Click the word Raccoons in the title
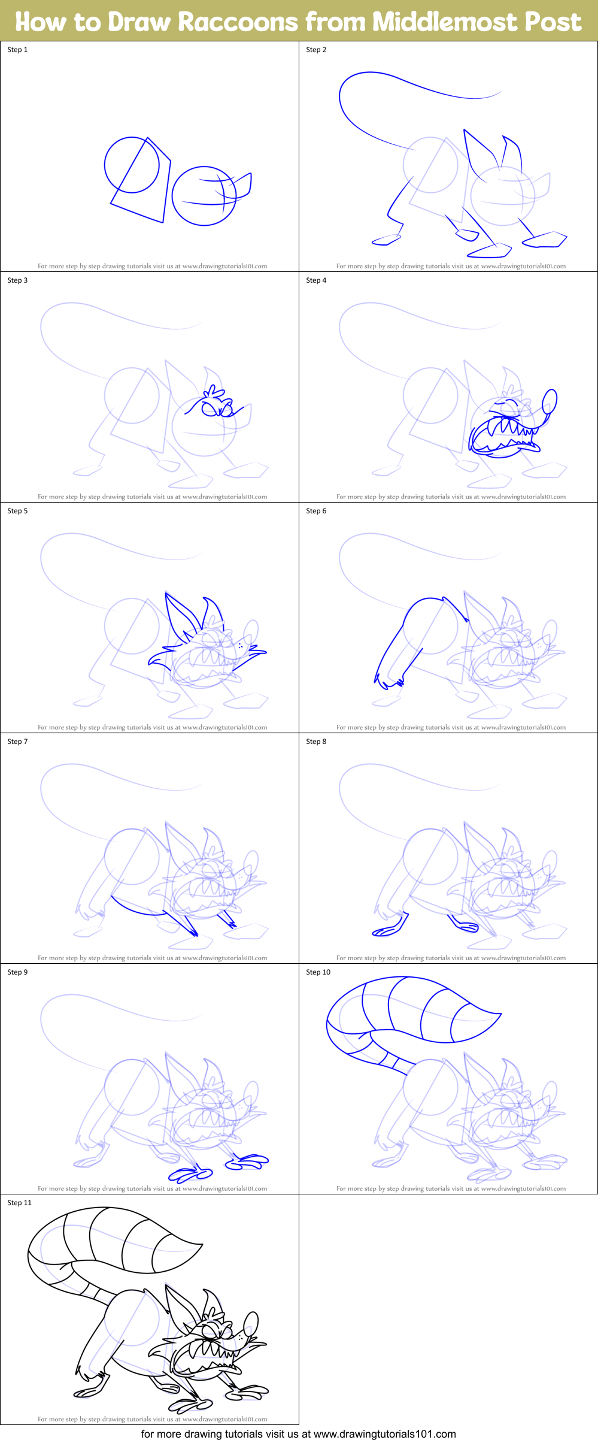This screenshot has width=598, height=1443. pyautogui.click(x=238, y=22)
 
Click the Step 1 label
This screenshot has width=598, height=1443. pyautogui.click(x=17, y=50)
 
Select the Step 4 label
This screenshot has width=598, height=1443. pyautogui.click(x=316, y=280)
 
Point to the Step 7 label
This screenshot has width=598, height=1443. pyautogui.click(x=17, y=742)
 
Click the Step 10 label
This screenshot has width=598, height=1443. pyautogui.click(x=318, y=972)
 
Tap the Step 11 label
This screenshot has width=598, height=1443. pyautogui.click(x=19, y=1203)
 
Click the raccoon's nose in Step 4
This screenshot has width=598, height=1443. pyautogui.click(x=550, y=400)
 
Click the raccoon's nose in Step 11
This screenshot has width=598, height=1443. pyautogui.click(x=251, y=1321)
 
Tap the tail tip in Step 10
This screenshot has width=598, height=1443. pyautogui.click(x=498, y=1014)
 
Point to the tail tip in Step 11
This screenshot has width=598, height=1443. pyautogui.click(x=200, y=1245)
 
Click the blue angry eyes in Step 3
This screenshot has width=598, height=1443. pyautogui.click(x=217, y=409)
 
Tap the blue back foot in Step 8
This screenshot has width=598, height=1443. pyautogui.click(x=385, y=930)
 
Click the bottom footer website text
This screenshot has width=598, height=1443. pyautogui.click(x=298, y=1434)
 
